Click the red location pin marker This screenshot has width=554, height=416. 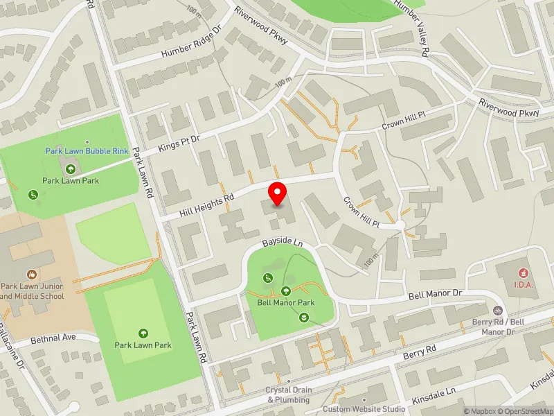coord(278,193)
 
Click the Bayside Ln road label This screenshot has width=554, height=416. coord(283,243)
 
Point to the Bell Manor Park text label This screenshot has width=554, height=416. coord(286,302)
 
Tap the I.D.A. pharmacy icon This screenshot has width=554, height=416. coord(522,272)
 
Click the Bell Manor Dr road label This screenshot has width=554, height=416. coord(435,294)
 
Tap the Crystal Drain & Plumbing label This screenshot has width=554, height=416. coord(289,395)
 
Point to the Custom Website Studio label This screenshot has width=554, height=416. coord(364,409)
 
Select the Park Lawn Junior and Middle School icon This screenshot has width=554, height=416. coord(32,275)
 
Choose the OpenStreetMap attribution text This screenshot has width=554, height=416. coord(524,411)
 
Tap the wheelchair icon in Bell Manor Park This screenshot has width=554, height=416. coord(267,278)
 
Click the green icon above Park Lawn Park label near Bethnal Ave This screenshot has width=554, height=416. coord(143,333)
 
